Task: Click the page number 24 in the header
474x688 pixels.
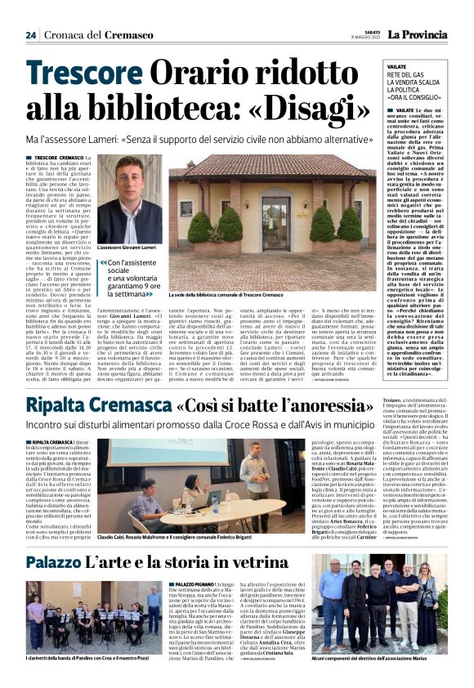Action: (x=30, y=35)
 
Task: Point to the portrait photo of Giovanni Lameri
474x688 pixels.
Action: (x=129, y=199)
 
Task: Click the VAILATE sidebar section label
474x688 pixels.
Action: (x=396, y=66)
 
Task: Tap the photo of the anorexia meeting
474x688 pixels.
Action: (x=190, y=486)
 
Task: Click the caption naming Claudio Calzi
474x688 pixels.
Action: (x=190, y=538)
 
